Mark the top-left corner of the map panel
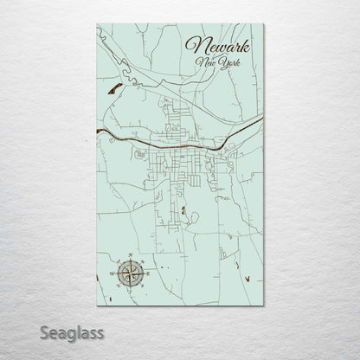(97, 24)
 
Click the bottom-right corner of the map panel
(264, 306)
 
